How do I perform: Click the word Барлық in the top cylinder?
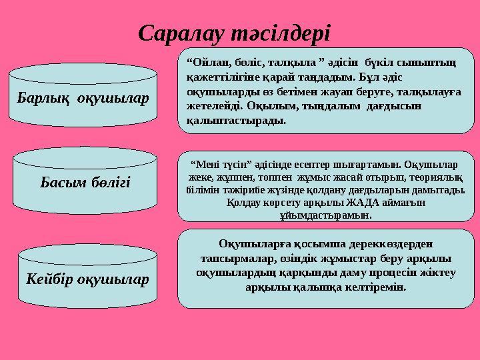(x=45, y=99)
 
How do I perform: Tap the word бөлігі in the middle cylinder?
(x=110, y=181)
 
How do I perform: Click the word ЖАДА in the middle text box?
(x=363, y=202)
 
